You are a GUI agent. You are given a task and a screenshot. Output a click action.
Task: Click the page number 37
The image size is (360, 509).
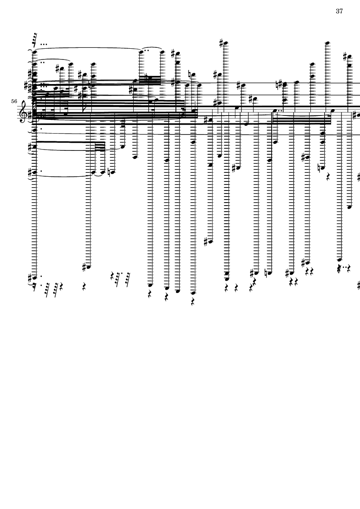click(339, 11)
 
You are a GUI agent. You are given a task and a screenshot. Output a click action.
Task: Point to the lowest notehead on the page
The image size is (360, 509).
click(193, 293)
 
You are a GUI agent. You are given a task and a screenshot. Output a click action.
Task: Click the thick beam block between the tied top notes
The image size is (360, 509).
click(150, 80)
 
